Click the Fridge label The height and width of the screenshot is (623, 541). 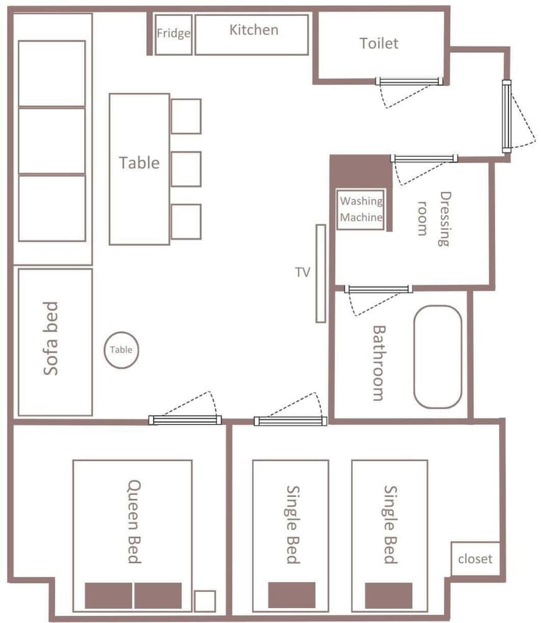point(174,33)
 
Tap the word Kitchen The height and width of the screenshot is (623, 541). point(253,30)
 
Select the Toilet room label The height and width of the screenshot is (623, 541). point(379,43)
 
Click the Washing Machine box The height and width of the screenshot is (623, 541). point(361,209)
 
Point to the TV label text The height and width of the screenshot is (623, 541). point(303,272)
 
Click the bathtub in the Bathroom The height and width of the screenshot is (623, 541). point(438,357)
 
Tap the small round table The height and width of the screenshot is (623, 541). point(121,350)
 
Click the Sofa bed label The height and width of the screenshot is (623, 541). point(51,338)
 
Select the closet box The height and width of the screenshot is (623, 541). point(475,559)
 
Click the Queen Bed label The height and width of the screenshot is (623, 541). point(134,521)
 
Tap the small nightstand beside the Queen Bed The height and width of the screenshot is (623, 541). point(205,601)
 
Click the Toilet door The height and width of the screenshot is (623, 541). point(409,81)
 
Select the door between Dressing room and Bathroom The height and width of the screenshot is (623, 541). point(379,289)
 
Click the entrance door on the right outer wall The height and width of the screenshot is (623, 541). point(507,117)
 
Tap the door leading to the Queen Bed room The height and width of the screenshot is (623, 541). point(185,420)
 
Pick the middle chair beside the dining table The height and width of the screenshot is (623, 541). point(186,169)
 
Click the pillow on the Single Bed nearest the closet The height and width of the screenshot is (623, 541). point(388,595)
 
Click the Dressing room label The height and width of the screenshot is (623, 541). point(434,219)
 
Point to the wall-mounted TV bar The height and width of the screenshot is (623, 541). point(321,273)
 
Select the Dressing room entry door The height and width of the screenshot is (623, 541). point(424,158)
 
